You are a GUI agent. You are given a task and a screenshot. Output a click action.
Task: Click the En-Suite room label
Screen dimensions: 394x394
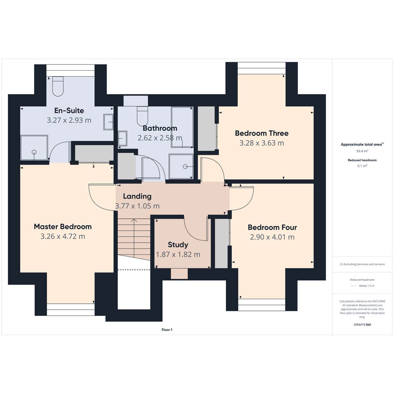pos(69,111)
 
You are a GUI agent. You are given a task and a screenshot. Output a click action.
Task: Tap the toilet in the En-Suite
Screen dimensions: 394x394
pos(58,86)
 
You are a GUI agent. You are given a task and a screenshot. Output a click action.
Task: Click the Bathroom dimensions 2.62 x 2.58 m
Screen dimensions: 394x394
pos(160,138)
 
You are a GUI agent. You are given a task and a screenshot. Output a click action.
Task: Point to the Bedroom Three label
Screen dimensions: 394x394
pos(262,133)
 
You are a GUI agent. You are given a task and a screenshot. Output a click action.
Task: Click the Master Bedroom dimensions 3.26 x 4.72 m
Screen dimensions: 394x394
pos(63,236)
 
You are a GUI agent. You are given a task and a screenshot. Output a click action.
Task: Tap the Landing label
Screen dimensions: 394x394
pos(137,196)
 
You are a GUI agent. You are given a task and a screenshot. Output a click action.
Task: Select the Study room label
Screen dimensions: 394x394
pos(178,245)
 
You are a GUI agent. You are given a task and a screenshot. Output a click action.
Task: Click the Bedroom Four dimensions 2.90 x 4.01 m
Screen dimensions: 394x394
pos(272,237)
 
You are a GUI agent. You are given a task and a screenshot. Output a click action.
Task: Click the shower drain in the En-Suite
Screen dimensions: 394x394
pos(34,152)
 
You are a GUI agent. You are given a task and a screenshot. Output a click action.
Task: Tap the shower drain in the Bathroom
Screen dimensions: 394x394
pos(185,167)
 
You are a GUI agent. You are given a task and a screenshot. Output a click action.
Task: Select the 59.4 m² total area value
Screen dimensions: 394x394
pos(362,151)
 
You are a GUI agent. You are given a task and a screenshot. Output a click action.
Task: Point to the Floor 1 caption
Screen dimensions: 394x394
pos(167,330)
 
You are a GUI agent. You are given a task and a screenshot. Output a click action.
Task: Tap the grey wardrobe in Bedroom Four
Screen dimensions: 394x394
pos(221,243)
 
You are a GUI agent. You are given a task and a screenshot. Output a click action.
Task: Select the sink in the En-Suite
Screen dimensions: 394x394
pos(108,122)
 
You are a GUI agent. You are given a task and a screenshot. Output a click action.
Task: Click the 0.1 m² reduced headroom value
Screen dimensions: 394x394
pos(362,166)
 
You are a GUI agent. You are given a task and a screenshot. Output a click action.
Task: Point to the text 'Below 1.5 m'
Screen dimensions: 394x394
pos(367,286)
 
